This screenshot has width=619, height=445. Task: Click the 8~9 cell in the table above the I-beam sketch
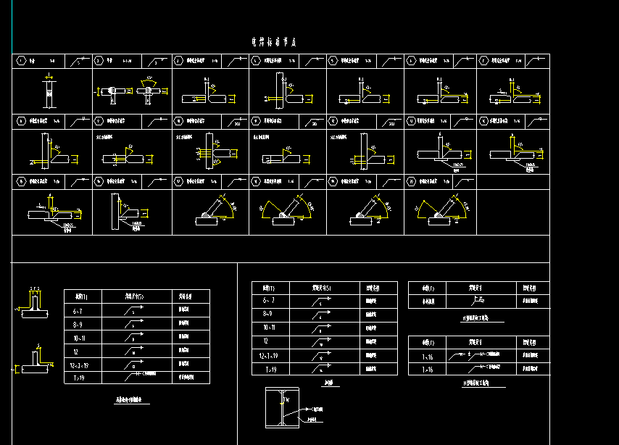(x=269, y=314)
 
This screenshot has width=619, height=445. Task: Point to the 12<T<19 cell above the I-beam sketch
(x=269, y=355)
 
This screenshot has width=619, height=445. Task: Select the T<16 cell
(x=426, y=355)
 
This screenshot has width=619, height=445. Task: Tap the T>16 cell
(x=426, y=369)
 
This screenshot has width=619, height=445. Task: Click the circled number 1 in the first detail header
(x=21, y=62)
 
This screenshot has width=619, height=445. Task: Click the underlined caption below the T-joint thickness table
(x=133, y=400)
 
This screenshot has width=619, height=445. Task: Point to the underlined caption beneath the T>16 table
(x=476, y=382)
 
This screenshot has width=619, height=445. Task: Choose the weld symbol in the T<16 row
(x=475, y=355)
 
